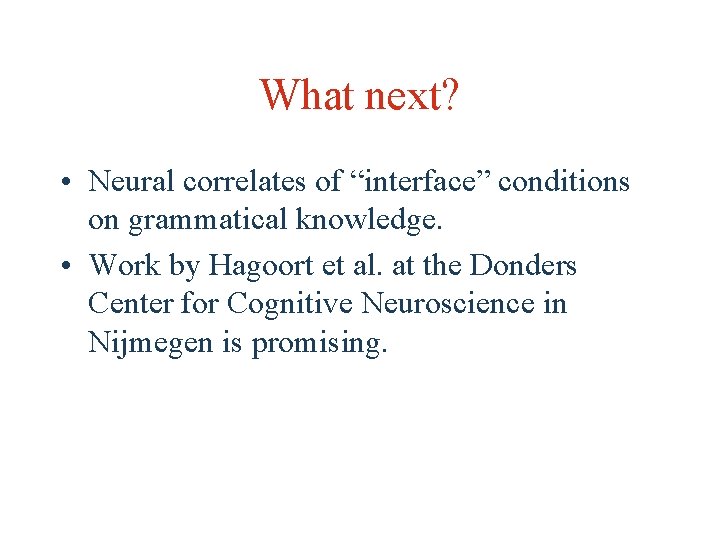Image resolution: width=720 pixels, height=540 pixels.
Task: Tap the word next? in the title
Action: [x=411, y=96]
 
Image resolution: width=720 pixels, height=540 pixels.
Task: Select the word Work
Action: [x=125, y=265]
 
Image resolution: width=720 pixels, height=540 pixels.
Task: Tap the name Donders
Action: [x=525, y=265]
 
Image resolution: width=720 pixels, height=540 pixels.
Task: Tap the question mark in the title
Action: [x=450, y=96]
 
